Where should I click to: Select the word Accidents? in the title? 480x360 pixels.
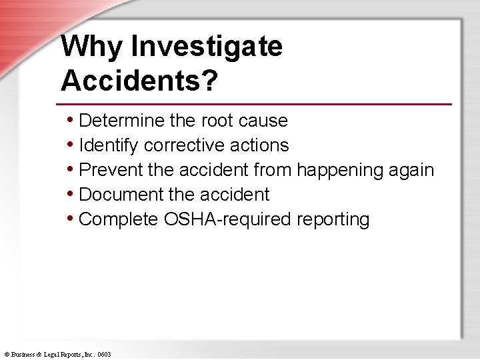click(139, 81)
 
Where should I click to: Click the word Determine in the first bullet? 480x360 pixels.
click(122, 121)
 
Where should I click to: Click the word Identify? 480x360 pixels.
click(109, 145)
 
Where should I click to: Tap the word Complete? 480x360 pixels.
click(118, 219)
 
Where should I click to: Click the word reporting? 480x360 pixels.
click(333, 220)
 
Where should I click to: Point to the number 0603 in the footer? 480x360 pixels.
click(104, 355)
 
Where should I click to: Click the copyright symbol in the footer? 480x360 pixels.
click(6, 355)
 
